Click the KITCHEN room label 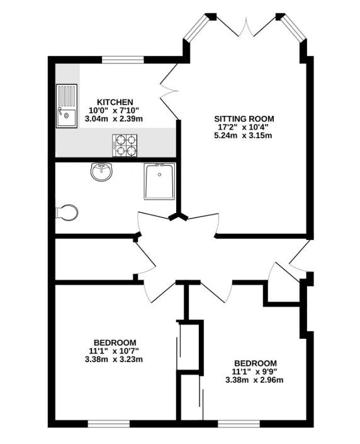[x=115, y=102]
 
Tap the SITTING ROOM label [x=244, y=118]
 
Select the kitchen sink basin [x=67, y=117]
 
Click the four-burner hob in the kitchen [x=125, y=145]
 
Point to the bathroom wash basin [x=101, y=171]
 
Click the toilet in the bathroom [x=67, y=212]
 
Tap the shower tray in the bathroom [x=160, y=181]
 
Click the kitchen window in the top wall [x=123, y=60]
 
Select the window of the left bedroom [x=109, y=424]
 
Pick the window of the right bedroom [x=239, y=424]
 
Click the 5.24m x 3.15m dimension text [x=243, y=135]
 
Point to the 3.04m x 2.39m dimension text [x=114, y=119]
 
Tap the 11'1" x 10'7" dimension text [x=114, y=351]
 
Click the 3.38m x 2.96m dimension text [x=254, y=380]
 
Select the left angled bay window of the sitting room [x=196, y=27]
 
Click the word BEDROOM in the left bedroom [x=115, y=343]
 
